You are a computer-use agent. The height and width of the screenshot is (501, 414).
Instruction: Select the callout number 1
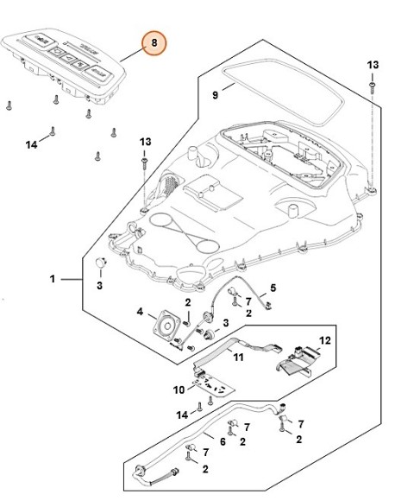tap(53, 279)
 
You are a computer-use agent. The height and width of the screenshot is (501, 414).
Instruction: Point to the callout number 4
tap(139, 311)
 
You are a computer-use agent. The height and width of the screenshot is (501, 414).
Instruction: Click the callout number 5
tap(273, 288)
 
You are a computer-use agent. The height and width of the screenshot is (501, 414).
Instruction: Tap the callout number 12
tap(325, 341)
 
